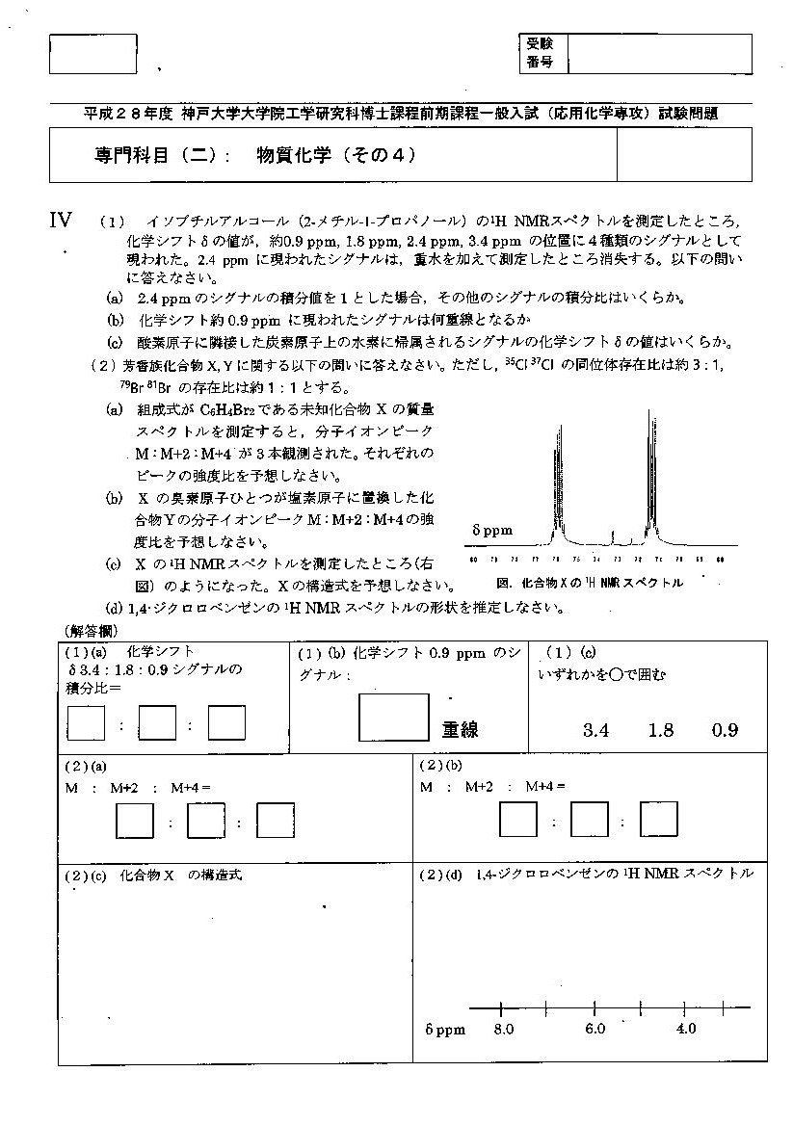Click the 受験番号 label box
point(542,53)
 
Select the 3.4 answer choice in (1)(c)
point(596,729)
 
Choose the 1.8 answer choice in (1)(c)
point(661,729)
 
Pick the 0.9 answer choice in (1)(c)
point(725,729)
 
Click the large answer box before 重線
point(393,716)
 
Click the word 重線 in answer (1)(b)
point(461,729)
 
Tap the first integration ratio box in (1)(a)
point(86,724)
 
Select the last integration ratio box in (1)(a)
point(226,724)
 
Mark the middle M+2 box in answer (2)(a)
point(205,822)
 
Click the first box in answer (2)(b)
point(518,821)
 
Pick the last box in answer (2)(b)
point(659,821)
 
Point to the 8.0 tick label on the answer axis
point(503,1029)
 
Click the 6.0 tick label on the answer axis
point(595,1029)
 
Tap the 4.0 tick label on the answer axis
point(685,1029)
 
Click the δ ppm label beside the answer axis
point(444,1029)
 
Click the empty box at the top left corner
point(93,54)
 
